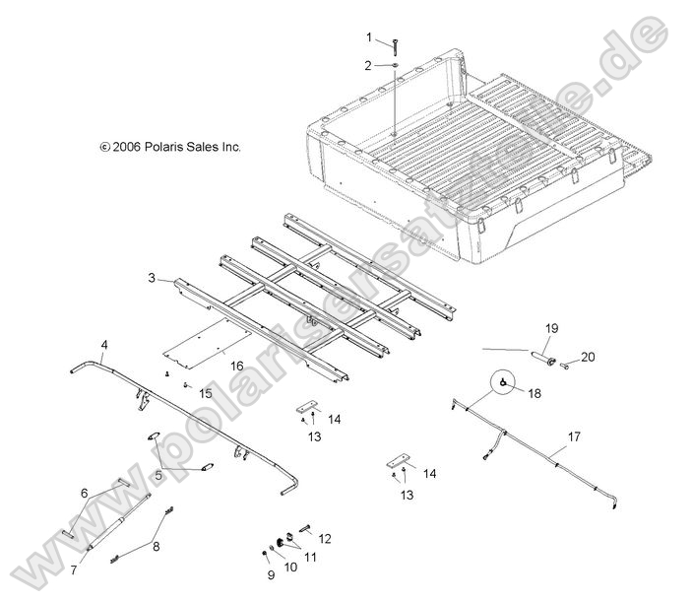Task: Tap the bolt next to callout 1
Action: (394, 43)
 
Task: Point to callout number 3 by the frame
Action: (153, 279)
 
